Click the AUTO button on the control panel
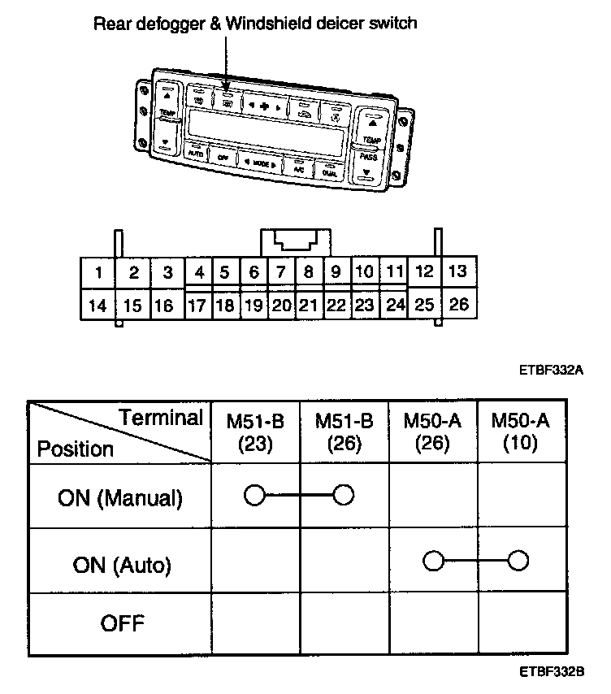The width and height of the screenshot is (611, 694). [x=195, y=152]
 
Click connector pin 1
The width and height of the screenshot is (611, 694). [x=97, y=272]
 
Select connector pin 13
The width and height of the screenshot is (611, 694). [x=457, y=271]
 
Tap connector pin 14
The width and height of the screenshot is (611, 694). [x=97, y=306]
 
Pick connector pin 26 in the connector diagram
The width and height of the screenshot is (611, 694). [x=459, y=306]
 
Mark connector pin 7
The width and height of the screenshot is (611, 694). [x=280, y=271]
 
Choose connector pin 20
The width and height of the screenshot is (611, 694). [x=280, y=306]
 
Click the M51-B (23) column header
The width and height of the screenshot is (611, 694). [x=256, y=432]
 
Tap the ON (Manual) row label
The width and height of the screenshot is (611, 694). [x=120, y=497]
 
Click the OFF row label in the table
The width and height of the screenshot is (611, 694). [x=120, y=624]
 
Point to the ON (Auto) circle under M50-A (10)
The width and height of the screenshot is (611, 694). [x=518, y=561]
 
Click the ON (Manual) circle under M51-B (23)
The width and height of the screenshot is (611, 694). [x=254, y=495]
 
